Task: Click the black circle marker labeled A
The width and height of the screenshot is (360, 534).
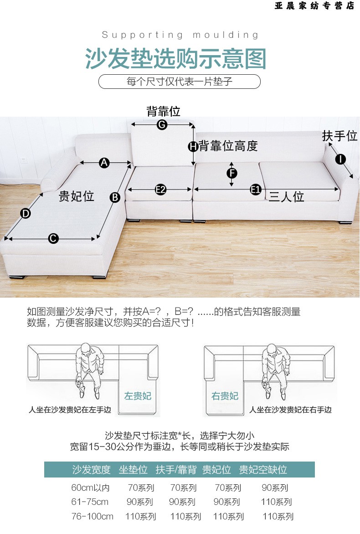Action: click(x=104, y=163)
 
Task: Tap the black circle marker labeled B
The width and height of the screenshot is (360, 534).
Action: click(x=115, y=198)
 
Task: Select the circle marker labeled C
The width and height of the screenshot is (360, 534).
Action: click(x=53, y=238)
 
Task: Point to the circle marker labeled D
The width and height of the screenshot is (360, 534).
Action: click(x=26, y=214)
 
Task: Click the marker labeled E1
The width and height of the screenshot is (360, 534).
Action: click(x=256, y=190)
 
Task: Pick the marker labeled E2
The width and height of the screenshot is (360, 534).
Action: click(x=160, y=190)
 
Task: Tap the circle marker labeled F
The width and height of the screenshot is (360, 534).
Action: click(x=232, y=173)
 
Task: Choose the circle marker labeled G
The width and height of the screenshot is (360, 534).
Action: click(x=162, y=125)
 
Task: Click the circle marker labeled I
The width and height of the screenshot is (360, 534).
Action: click(x=340, y=159)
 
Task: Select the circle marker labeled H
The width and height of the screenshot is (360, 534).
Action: click(x=193, y=146)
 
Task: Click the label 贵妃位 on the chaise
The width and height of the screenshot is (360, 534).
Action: click(x=76, y=196)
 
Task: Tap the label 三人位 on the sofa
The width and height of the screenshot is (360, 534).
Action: click(x=287, y=197)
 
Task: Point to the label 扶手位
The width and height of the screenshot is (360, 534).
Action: click(x=339, y=135)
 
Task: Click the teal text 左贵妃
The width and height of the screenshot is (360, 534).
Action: click(x=138, y=396)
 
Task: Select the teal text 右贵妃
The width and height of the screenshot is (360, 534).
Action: click(x=225, y=396)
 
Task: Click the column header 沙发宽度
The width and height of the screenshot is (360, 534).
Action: click(x=91, y=470)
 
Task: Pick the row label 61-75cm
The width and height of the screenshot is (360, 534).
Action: click(x=90, y=502)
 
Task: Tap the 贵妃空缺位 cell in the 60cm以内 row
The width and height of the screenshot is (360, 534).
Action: click(x=275, y=488)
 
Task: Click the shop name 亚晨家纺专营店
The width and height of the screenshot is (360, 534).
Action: click(x=314, y=6)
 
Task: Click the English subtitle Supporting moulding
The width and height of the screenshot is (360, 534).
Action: click(x=180, y=35)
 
